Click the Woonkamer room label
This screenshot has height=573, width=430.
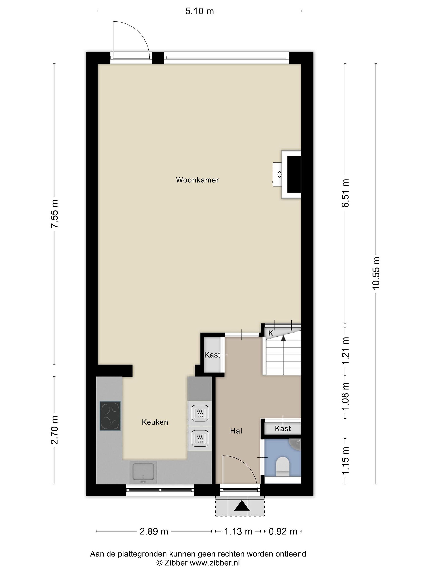coord(197,180)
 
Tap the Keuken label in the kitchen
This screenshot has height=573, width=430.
coord(155,422)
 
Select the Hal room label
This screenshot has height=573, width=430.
coord(236,431)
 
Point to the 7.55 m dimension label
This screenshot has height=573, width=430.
coord(54,214)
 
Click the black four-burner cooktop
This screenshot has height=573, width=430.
coord(110,416)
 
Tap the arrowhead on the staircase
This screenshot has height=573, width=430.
coord(283,337)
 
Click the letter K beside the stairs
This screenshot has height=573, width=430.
coord(271,333)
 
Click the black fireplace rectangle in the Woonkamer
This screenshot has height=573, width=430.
coord(294,175)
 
